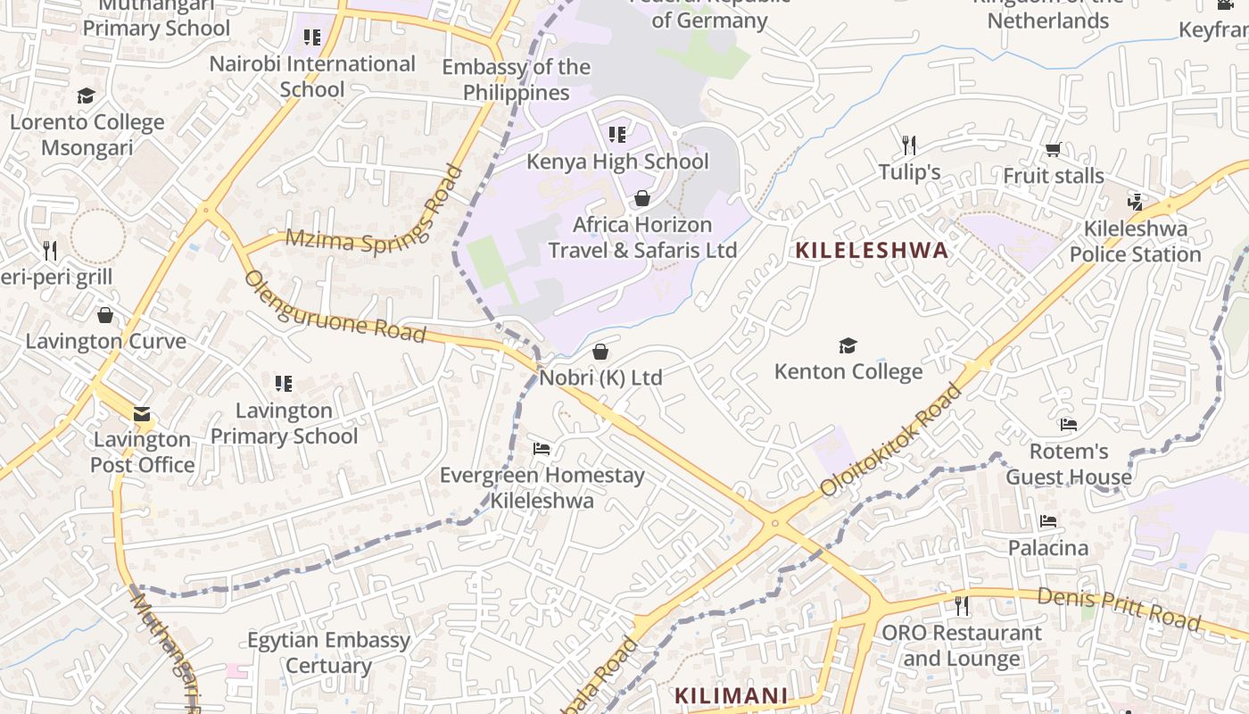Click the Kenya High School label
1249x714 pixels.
click(x=617, y=162)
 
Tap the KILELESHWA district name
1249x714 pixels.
click(x=872, y=250)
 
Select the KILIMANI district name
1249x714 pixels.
click(x=731, y=695)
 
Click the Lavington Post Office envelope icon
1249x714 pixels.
click(x=142, y=414)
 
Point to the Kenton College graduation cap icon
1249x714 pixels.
click(x=848, y=345)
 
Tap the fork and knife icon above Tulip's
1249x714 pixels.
click(x=909, y=145)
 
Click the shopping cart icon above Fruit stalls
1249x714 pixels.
click(x=1053, y=150)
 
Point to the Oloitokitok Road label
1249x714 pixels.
click(x=892, y=439)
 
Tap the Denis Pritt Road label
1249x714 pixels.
click(x=1119, y=610)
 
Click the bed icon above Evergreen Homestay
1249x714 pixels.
click(x=542, y=448)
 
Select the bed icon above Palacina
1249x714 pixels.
click(x=1048, y=521)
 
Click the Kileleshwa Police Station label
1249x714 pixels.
click(x=1135, y=241)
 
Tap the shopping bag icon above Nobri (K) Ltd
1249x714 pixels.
click(x=600, y=352)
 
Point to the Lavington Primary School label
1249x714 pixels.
click(x=284, y=423)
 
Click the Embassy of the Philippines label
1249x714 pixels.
click(x=516, y=79)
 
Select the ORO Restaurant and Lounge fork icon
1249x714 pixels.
click(x=961, y=606)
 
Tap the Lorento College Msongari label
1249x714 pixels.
click(x=87, y=135)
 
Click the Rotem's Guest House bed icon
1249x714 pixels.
click(x=1069, y=425)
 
